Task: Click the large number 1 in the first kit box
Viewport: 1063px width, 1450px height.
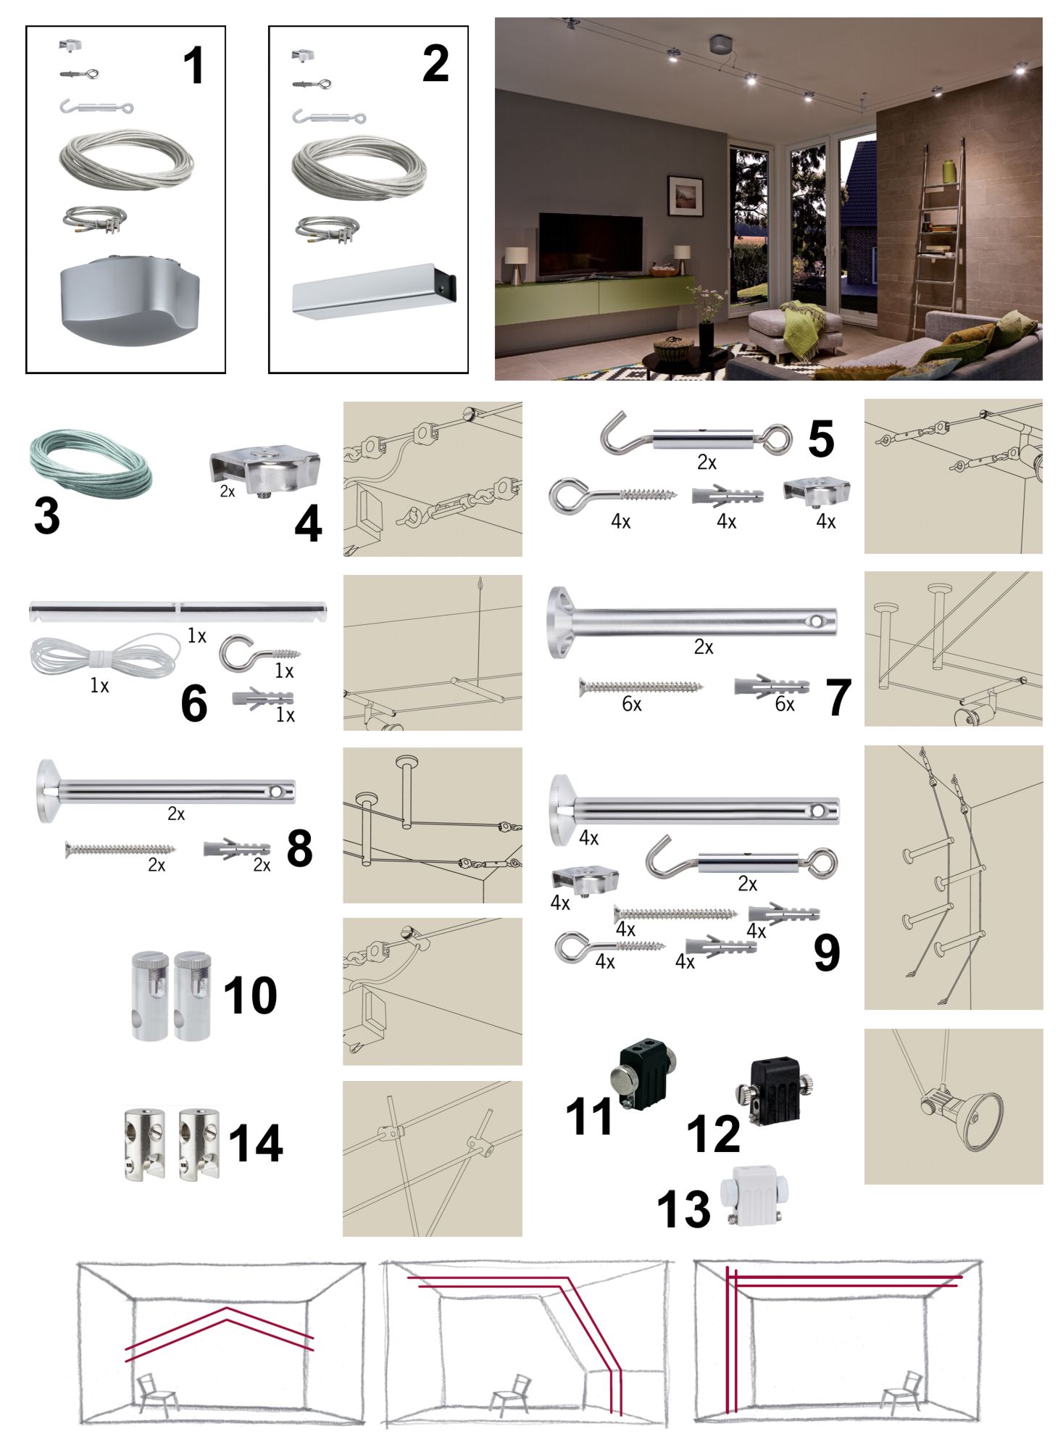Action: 193,65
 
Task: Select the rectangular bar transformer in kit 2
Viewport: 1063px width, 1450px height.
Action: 374,291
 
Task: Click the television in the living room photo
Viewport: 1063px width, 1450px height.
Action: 590,244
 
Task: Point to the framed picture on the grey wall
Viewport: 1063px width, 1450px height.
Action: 685,196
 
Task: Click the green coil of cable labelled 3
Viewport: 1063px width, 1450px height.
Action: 91,457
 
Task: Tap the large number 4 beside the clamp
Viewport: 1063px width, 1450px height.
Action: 308,523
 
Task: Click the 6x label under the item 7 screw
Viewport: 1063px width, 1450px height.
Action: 632,704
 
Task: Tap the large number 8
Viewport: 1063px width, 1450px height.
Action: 299,848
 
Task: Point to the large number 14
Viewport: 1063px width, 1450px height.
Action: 255,1143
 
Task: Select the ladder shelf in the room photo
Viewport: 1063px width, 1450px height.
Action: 939,239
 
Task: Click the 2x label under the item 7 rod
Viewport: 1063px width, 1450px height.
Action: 704,647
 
